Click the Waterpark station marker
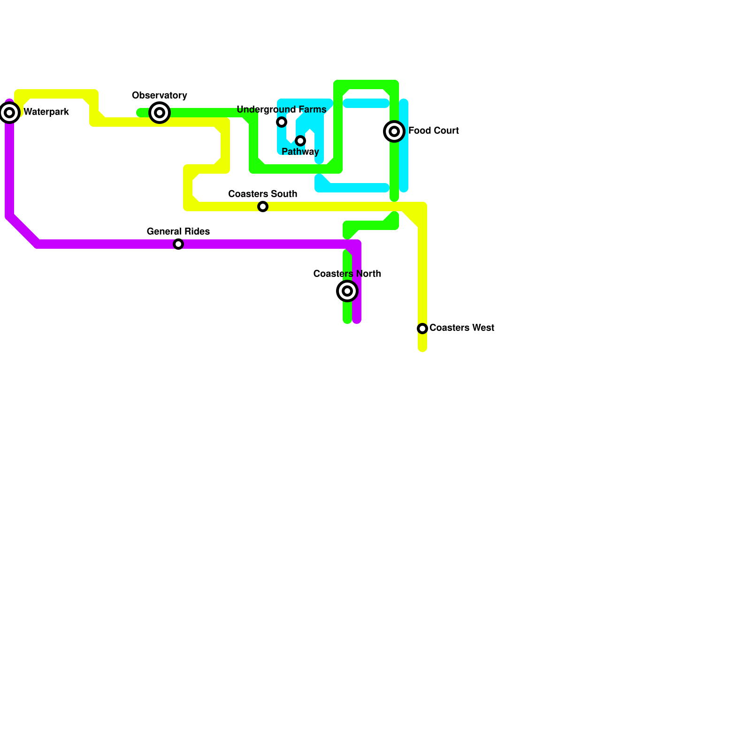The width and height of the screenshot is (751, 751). click(9, 113)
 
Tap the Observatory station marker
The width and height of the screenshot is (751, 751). click(160, 113)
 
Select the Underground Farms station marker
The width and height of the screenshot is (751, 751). click(282, 122)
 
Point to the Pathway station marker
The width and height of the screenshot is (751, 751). click(300, 141)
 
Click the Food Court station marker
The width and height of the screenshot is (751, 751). click(394, 131)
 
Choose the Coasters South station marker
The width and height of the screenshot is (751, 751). click(263, 207)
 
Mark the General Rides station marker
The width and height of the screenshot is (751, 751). click(178, 244)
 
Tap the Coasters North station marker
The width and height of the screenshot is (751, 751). click(347, 291)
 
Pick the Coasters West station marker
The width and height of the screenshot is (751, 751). click(422, 329)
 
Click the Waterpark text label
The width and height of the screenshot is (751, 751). click(46, 112)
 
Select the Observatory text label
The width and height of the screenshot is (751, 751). click(160, 96)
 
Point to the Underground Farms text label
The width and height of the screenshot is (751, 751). click(282, 110)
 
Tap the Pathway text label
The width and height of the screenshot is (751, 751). click(300, 152)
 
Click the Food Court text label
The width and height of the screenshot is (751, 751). click(433, 131)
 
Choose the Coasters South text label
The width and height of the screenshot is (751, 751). click(263, 194)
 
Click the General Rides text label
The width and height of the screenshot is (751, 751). click(178, 232)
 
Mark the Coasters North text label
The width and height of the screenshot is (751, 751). click(347, 274)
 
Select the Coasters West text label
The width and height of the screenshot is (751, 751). click(461, 328)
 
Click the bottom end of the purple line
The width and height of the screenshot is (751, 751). click(357, 321)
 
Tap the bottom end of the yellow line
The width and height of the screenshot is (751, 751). click(422, 348)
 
